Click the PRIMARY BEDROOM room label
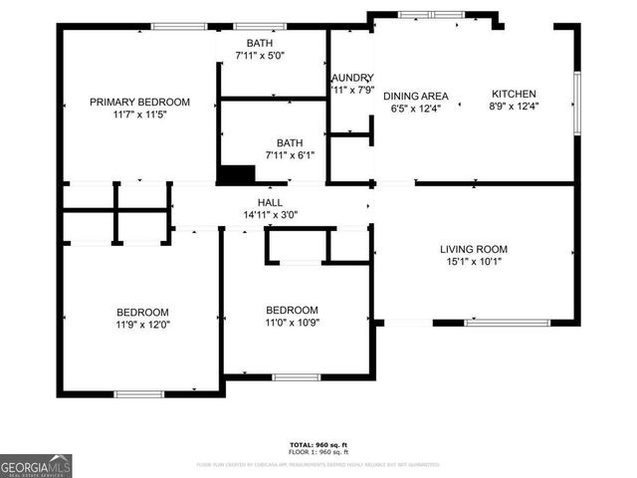pos(139,102)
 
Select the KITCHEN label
pos(514,95)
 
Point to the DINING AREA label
pos(416,97)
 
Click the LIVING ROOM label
pos(474,249)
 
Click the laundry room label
pos(351,77)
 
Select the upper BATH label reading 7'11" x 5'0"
pos(260,43)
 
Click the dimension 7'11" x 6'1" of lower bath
pos(289,155)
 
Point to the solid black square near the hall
pos(236,174)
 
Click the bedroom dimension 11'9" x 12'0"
pos(142,325)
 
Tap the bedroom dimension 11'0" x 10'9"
pos(292,322)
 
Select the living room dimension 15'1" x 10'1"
pos(474,263)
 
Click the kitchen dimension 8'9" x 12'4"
pos(514,108)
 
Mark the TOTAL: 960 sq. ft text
pos(318,444)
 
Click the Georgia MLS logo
pos(36,465)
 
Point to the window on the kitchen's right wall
pos(576,103)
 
